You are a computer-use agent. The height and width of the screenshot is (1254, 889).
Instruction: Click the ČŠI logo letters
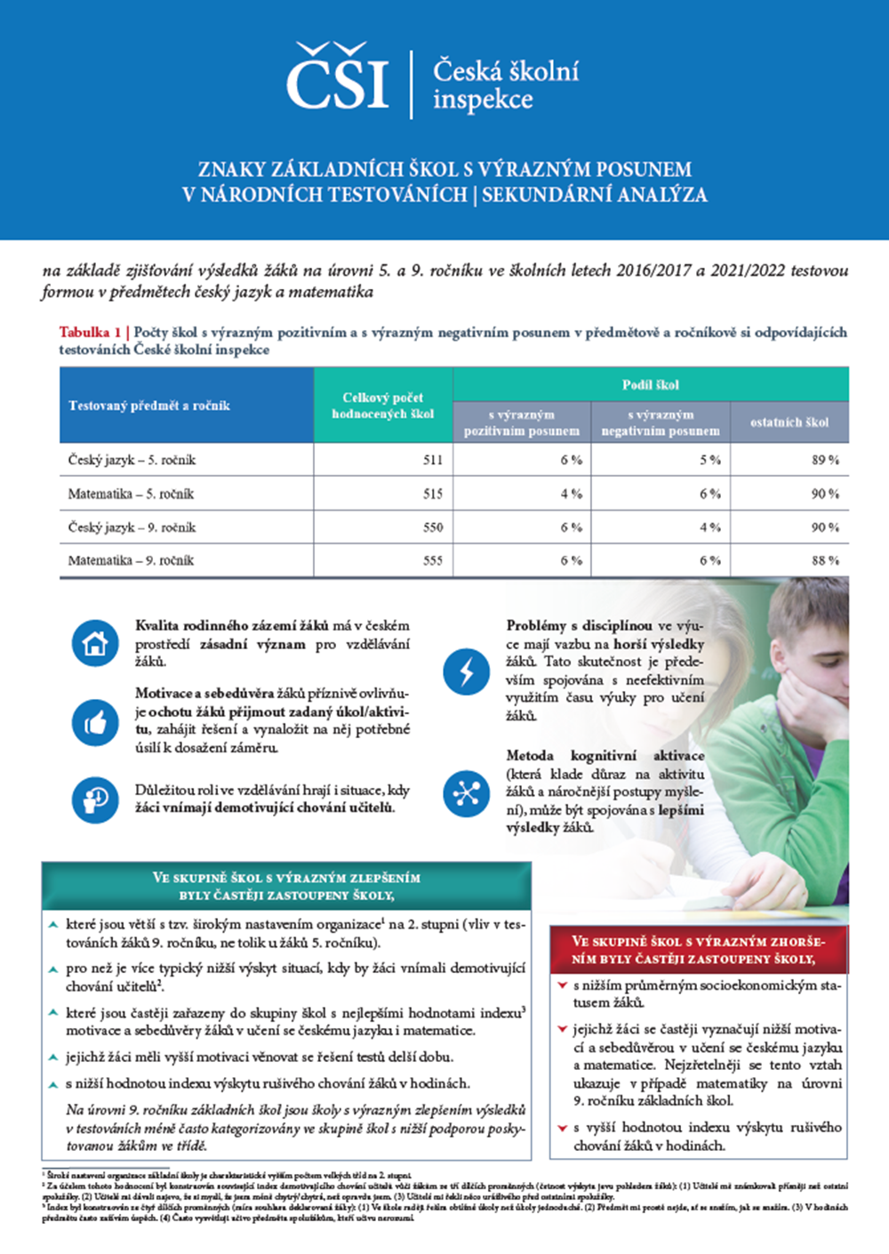[338, 80]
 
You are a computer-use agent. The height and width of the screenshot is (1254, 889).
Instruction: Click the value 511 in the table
[433, 460]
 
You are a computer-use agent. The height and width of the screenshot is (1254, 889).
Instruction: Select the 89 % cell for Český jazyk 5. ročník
[825, 460]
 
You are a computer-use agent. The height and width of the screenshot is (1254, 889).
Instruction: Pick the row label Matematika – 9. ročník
[131, 560]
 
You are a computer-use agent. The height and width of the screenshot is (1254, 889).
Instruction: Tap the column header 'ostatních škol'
[789, 422]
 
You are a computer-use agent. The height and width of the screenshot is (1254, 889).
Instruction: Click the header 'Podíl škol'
[650, 385]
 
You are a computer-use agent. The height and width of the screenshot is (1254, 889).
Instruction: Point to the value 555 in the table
[433, 560]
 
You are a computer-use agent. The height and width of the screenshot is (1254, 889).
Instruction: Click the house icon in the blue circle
[95, 643]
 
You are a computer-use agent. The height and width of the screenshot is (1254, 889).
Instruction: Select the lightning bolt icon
[466, 671]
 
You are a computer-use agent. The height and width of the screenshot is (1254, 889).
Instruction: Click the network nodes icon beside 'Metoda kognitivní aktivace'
[466, 792]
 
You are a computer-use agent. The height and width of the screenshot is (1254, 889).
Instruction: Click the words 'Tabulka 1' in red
[91, 333]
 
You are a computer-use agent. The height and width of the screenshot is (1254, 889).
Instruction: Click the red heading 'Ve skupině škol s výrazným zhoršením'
[699, 950]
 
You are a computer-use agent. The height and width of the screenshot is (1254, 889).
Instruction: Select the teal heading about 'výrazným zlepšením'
[286, 886]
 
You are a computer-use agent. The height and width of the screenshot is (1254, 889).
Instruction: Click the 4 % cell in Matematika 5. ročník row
[572, 494]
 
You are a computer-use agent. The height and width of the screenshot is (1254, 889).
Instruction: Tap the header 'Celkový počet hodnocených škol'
[383, 406]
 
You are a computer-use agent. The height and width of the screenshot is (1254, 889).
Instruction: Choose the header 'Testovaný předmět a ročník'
[149, 406]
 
